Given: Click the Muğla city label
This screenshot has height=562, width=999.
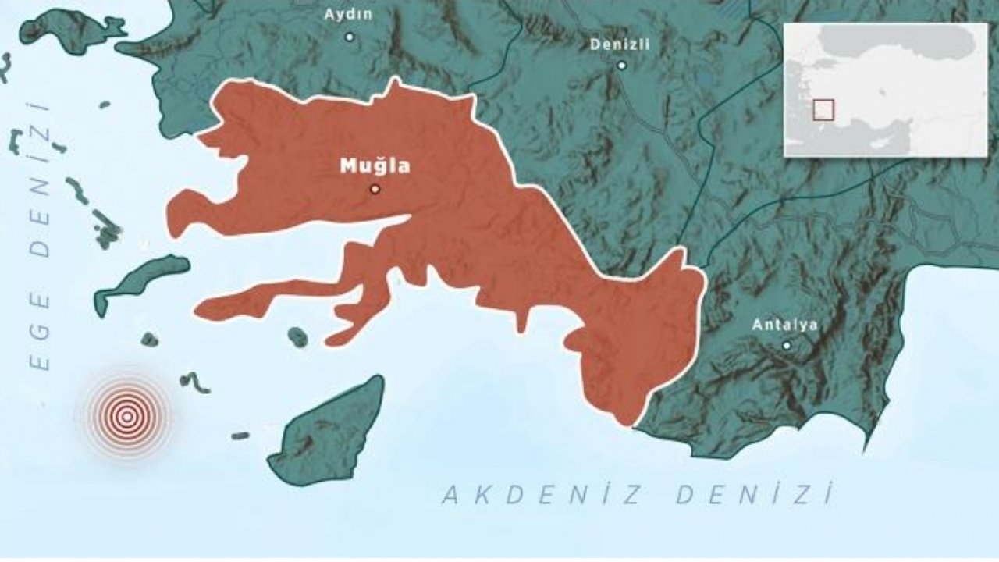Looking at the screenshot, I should coord(375,165).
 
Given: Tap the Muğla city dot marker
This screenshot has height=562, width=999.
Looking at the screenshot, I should coord(375,189).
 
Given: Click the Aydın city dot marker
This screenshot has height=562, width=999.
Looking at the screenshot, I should coord(349,37).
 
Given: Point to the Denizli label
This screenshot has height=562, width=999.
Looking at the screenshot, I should coord(620,44).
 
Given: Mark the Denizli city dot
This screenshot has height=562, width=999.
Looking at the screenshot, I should coord(621,65).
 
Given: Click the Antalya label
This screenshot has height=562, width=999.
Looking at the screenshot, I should coord(784,325).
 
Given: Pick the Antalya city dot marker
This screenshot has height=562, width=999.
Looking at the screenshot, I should coord(786,345).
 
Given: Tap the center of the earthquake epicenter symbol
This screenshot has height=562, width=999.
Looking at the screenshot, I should coord(126,415).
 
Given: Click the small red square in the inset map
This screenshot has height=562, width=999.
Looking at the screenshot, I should coord(823,110).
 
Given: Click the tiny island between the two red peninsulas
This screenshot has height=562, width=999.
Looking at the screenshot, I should coord(297,336).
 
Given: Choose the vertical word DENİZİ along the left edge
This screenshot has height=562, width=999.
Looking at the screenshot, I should coord(39,180).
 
